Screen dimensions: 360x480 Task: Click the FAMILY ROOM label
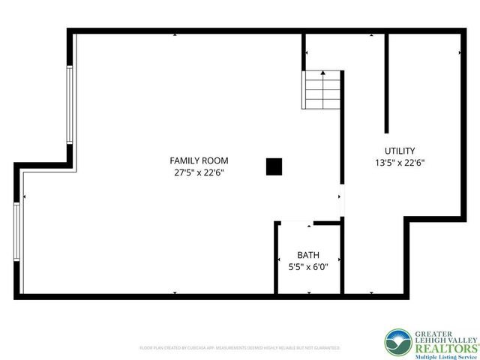pyautogui.click(x=199, y=160)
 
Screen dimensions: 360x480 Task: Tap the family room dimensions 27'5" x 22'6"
pyautogui.click(x=199, y=172)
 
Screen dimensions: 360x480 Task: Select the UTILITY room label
pyautogui.click(x=400, y=151)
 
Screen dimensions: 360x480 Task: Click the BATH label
pyautogui.click(x=308, y=254)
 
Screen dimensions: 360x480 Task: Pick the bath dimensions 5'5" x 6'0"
pyautogui.click(x=308, y=266)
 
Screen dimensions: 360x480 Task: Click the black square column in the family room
pyautogui.click(x=274, y=167)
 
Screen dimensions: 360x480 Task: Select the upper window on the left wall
pyautogui.click(x=70, y=105)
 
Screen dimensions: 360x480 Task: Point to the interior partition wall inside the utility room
pyautogui.click(x=387, y=82)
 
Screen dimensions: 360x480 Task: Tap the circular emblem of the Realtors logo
pyautogui.click(x=397, y=342)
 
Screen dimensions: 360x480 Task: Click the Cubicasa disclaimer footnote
pyautogui.click(x=240, y=348)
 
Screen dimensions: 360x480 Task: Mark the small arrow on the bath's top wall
pyautogui.click(x=309, y=224)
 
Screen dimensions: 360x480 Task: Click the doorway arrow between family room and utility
pyautogui.click(x=340, y=197)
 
